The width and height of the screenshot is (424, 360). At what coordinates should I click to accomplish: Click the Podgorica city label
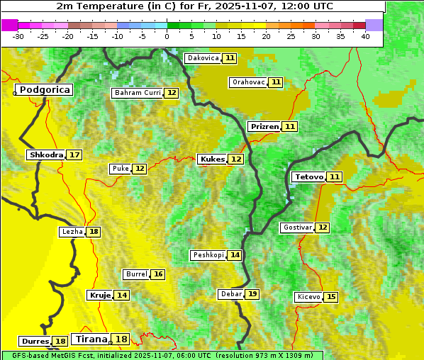(44, 90)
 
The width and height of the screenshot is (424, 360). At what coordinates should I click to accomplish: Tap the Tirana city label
(91, 339)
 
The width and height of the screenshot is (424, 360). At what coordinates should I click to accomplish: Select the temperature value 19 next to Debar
(252, 294)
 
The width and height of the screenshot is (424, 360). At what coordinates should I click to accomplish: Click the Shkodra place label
(46, 154)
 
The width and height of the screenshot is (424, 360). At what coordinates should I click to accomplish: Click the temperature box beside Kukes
(236, 159)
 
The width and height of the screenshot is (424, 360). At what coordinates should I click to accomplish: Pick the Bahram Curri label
(138, 93)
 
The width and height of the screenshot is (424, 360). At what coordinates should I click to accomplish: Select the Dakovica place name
(203, 58)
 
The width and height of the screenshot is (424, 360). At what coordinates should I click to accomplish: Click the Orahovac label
(248, 82)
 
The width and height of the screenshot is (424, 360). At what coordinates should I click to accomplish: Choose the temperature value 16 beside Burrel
(158, 274)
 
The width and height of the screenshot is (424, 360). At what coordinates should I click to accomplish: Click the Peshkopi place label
(208, 255)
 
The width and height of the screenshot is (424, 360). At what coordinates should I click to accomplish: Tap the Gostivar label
(296, 227)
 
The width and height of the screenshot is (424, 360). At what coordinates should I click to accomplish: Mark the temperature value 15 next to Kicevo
(331, 297)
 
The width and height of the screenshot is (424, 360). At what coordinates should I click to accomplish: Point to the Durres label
(35, 342)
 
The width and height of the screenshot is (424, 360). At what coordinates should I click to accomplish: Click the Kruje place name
(99, 295)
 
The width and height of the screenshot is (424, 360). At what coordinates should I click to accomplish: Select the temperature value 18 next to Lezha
(94, 232)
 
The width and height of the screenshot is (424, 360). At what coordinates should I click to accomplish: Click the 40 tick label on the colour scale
(365, 36)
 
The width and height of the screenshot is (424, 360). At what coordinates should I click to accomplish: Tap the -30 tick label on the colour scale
(18, 36)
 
